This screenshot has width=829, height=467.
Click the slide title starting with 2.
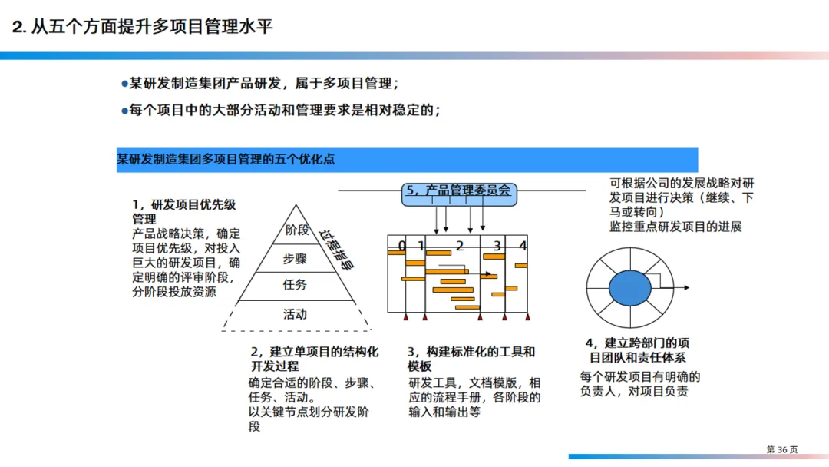(143, 27)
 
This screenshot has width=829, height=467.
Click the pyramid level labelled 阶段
(296, 229)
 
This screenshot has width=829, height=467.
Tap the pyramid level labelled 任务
(296, 285)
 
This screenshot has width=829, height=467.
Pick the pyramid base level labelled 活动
(296, 314)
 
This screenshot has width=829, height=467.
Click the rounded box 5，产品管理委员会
(458, 191)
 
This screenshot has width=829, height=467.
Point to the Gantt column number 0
(401, 246)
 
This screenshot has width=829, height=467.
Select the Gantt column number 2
(460, 246)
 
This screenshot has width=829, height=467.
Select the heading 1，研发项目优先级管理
(183, 212)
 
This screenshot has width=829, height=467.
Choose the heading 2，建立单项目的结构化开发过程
(314, 359)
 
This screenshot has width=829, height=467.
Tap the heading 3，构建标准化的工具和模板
(471, 359)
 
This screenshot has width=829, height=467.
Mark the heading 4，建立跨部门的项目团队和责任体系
(637, 350)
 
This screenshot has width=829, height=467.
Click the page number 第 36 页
(782, 449)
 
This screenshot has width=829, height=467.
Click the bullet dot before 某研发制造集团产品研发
(124, 84)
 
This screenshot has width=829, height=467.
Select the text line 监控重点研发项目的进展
(675, 227)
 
